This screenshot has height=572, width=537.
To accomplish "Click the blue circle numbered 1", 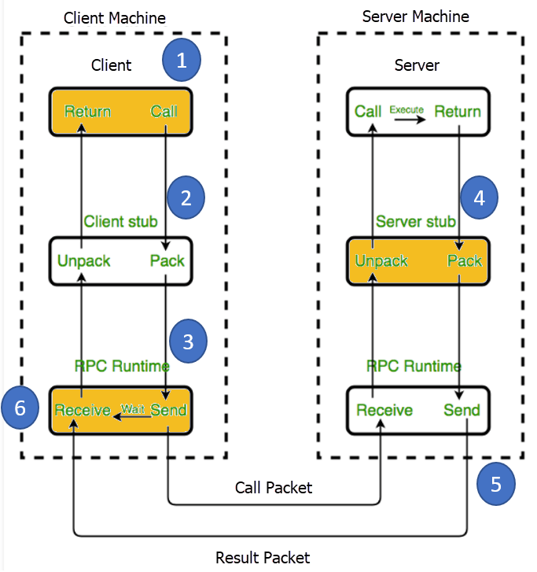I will click(x=182, y=61).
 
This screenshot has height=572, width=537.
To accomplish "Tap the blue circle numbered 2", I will click(x=186, y=197).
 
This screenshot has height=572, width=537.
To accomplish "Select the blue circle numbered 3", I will click(x=187, y=341).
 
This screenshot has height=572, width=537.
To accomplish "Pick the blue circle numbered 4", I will click(x=480, y=197).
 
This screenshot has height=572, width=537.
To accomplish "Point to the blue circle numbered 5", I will click(x=495, y=484).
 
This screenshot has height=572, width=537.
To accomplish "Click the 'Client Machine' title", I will click(x=115, y=17).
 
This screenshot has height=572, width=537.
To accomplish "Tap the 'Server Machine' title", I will click(x=415, y=16).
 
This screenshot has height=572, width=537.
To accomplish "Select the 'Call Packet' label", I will click(x=274, y=488).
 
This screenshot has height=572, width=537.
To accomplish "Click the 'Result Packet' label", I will click(x=263, y=558).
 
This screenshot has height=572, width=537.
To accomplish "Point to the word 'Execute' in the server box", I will click(x=406, y=109).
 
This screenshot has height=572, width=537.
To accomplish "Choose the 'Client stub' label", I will click(x=121, y=222).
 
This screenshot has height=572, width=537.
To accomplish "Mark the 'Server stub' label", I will click(x=415, y=222).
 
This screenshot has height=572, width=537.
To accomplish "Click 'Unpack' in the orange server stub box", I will click(x=381, y=260).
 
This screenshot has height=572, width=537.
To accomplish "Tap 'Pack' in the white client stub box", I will click(x=167, y=260).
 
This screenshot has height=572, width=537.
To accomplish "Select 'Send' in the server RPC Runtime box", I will click(x=462, y=410).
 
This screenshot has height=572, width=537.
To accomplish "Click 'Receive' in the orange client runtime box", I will click(x=82, y=410).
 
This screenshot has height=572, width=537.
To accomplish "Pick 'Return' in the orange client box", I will click(x=87, y=112).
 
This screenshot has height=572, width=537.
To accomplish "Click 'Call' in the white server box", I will click(x=368, y=112).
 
